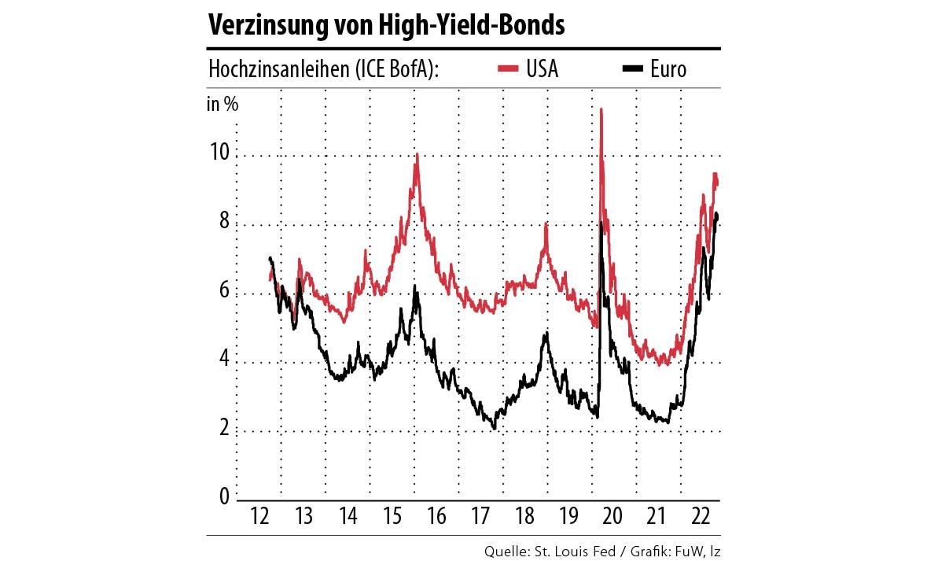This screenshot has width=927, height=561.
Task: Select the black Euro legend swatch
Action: click(x=633, y=69)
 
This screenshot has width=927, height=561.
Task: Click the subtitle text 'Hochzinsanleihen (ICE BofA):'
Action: click(x=323, y=69)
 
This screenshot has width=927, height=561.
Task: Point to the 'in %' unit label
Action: click(x=223, y=104)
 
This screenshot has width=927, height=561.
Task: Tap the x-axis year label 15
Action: click(x=392, y=517)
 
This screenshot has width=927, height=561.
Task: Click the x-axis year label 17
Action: click(x=480, y=517)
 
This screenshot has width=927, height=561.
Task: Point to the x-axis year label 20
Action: click(x=612, y=517)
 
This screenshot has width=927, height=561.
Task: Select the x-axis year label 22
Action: click(x=699, y=517)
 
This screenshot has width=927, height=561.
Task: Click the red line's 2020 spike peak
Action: click(x=601, y=109)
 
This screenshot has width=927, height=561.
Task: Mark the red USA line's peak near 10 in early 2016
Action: click(x=417, y=155)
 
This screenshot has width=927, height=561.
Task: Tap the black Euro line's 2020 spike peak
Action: click(x=601, y=223)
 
